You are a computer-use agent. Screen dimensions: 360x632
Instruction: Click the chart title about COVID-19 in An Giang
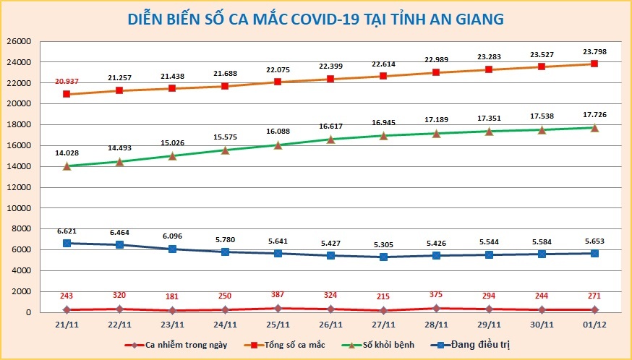click(315, 18)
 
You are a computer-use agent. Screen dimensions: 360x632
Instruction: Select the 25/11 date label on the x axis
click(278, 325)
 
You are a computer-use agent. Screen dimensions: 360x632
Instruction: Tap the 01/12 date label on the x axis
click(594, 325)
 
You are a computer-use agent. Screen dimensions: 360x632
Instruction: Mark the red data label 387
click(278, 296)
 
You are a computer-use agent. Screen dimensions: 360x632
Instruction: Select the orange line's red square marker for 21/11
click(67, 94)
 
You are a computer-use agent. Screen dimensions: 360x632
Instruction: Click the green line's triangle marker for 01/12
click(594, 128)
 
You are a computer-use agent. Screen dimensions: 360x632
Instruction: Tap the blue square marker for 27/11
click(384, 257)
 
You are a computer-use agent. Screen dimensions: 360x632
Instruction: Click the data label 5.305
click(384, 244)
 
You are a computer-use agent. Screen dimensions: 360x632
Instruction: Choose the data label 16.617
click(331, 125)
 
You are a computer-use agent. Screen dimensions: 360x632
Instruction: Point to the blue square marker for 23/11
click(173, 249)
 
